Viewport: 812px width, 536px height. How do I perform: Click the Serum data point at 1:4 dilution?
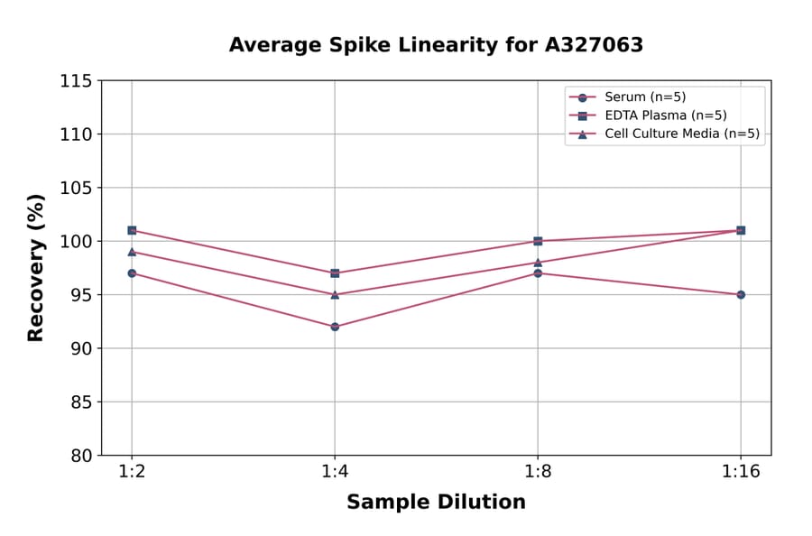(335, 327)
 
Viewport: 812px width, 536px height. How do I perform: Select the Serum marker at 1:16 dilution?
(741, 294)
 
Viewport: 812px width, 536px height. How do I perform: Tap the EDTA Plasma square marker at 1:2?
(132, 230)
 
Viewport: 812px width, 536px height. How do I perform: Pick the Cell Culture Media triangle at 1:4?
(335, 294)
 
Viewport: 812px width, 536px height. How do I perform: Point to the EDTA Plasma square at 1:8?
(538, 241)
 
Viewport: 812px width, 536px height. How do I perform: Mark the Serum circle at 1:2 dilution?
(132, 273)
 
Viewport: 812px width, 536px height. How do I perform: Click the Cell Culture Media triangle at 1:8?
(538, 263)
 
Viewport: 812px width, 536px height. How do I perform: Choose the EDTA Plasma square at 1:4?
(335, 273)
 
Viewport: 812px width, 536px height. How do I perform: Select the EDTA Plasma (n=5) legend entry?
(652, 116)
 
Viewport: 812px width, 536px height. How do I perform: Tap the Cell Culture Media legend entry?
(669, 134)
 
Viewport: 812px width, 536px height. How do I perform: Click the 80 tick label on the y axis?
(80, 456)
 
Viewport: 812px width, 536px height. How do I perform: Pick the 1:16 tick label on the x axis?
(741, 472)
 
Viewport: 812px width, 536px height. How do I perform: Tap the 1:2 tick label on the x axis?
(132, 472)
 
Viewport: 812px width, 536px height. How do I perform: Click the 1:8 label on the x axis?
(538, 472)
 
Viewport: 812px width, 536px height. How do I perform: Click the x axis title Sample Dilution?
(436, 503)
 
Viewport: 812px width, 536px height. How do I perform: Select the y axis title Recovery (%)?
(36, 268)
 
